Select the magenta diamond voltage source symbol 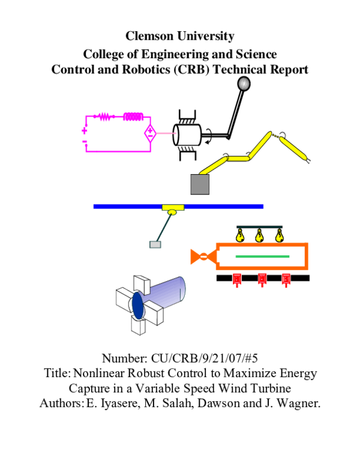150,133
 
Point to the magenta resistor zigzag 106,116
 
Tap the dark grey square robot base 199,183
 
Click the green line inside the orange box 262,256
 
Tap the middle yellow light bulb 259,235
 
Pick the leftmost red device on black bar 236,279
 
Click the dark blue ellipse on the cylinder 138,306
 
